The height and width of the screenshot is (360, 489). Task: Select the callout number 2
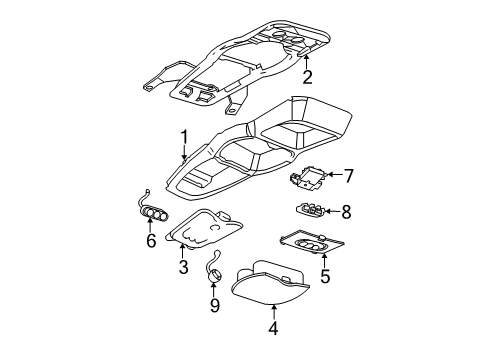click(x=308, y=77)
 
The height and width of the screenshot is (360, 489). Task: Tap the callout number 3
click(x=183, y=268)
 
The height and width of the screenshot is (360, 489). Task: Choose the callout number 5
click(x=324, y=275)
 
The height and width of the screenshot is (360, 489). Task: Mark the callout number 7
click(x=349, y=176)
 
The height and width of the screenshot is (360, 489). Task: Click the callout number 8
click(x=347, y=211)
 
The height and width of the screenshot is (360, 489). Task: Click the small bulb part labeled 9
click(x=212, y=267)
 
